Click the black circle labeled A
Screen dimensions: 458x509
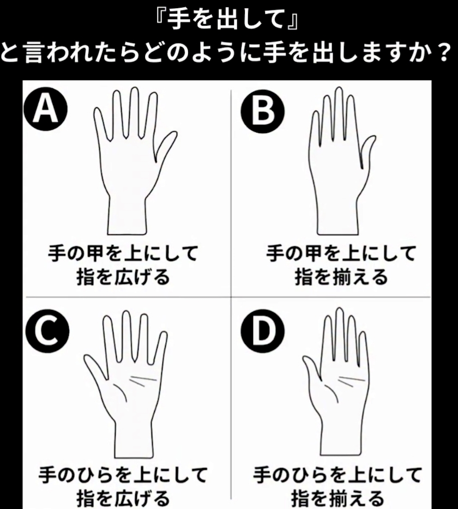tap(45, 109)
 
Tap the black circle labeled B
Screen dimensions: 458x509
tap(262, 111)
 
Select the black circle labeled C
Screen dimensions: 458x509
tap(47, 331)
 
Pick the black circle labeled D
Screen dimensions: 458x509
tap(262, 331)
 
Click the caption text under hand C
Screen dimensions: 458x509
tap(123, 486)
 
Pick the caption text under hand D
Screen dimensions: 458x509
tap(338, 486)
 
